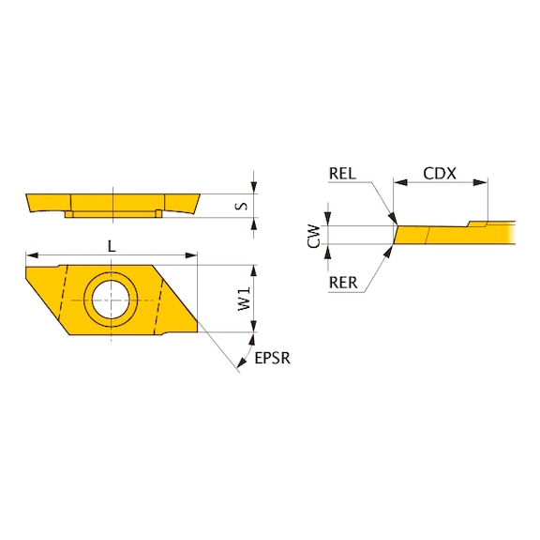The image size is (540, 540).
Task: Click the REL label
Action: click(x=342, y=173)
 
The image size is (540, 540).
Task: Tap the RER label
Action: click(x=343, y=283)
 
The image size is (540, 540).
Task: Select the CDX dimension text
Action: click(x=440, y=174)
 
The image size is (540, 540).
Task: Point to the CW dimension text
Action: click(x=314, y=236)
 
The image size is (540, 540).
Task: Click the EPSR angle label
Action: click(x=273, y=358)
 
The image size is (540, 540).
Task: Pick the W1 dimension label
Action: click(x=244, y=300)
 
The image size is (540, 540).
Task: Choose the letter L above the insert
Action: click(x=112, y=246)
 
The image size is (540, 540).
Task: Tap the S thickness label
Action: click(x=243, y=206)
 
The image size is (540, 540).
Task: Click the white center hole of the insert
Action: click(x=111, y=300)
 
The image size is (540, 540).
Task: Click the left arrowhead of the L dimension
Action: click(x=32, y=255)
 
